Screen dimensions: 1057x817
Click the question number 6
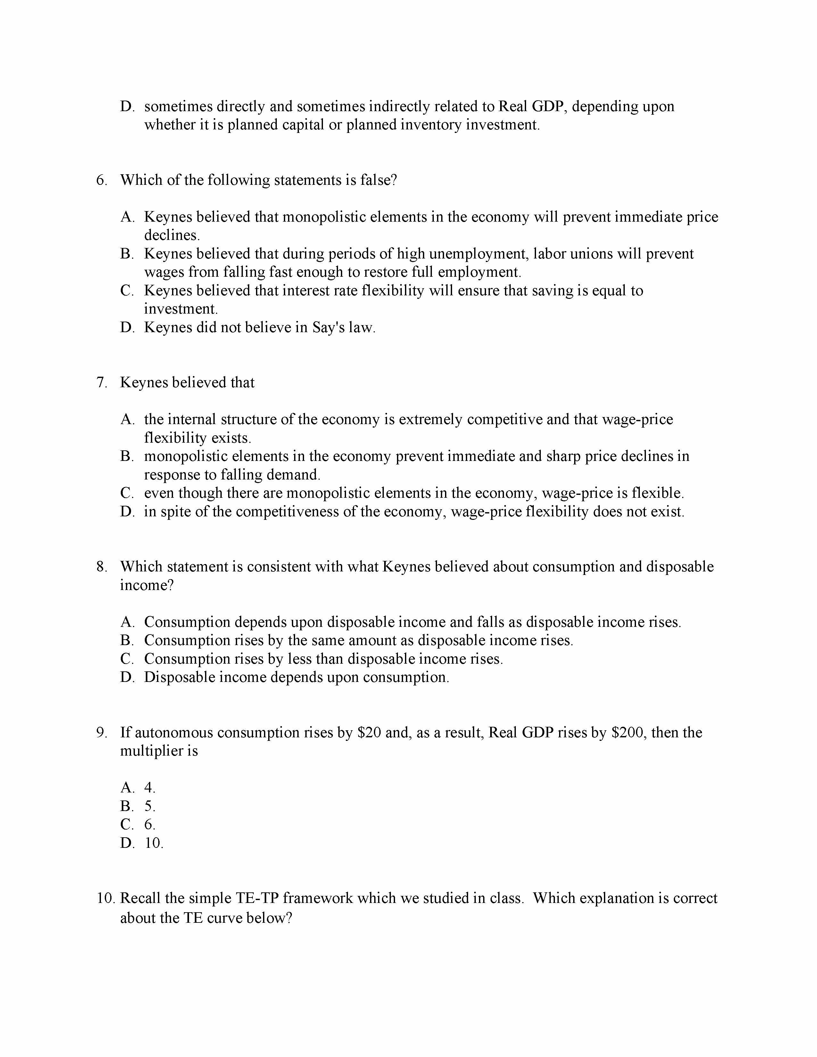point(101,180)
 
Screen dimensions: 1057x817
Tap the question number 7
point(101,382)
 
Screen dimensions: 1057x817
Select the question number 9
point(101,732)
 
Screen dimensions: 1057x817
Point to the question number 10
point(105,898)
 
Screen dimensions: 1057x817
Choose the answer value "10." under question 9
point(154,843)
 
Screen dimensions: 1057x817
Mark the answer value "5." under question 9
point(150,806)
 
